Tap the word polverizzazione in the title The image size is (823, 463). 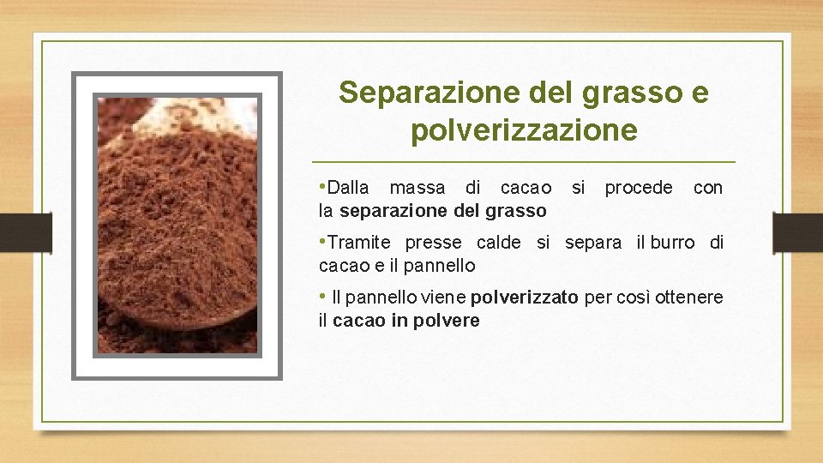click(524, 130)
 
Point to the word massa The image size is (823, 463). click(418, 188)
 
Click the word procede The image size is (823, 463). click(639, 188)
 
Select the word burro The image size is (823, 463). click(672, 243)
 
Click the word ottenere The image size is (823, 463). click(689, 298)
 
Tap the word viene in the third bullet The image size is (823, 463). click(445, 298)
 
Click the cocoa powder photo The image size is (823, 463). click(177, 225)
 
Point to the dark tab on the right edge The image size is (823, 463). click(796, 232)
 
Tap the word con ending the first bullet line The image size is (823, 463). click(707, 188)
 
